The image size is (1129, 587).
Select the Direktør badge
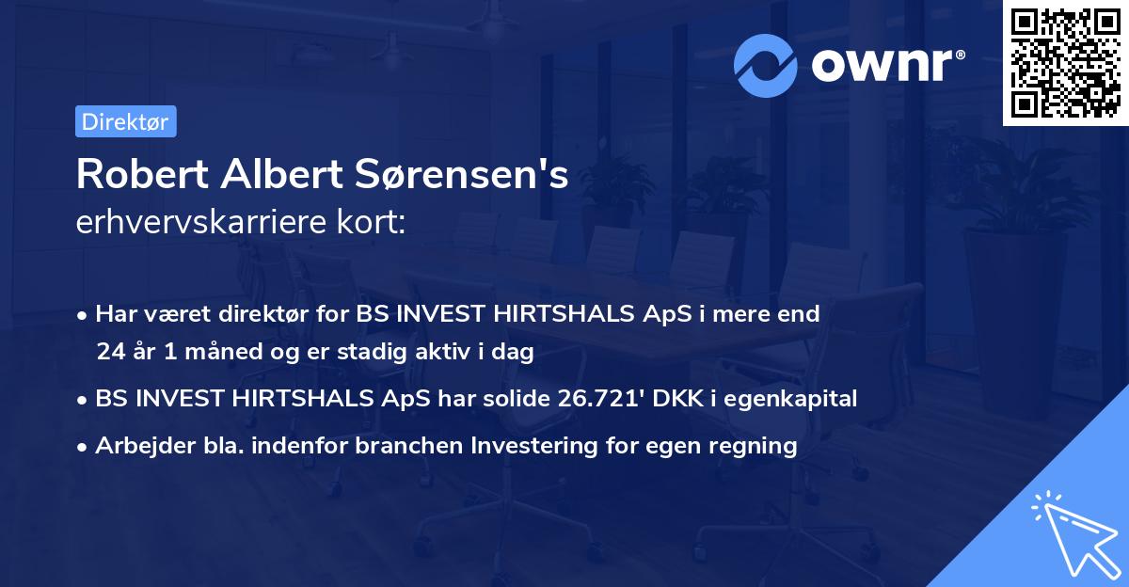point(125,121)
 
